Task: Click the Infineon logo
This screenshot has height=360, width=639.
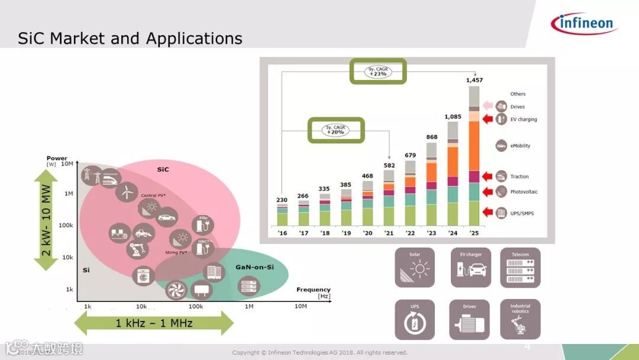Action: (585, 23)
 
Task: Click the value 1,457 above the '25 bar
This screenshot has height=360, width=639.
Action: (475, 80)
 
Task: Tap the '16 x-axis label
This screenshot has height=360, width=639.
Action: (282, 233)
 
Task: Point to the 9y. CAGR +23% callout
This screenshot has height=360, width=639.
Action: (377, 71)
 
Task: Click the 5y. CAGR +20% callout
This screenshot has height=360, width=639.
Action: (335, 130)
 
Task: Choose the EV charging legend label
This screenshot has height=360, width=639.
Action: (524, 120)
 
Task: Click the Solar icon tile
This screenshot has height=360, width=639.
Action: (415, 268)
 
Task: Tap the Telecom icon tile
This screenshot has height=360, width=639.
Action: (520, 268)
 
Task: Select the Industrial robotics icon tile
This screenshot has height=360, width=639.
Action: (520, 319)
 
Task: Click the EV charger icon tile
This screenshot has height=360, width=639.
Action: (471, 268)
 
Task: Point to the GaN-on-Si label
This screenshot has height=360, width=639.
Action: (254, 266)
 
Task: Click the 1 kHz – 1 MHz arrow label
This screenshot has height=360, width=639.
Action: (154, 323)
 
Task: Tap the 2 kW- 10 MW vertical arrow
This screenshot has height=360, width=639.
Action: (46, 220)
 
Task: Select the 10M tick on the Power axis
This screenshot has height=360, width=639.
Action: (67, 164)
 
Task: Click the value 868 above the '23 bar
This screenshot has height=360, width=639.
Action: (432, 137)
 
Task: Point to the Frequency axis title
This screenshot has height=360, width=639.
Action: (313, 290)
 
